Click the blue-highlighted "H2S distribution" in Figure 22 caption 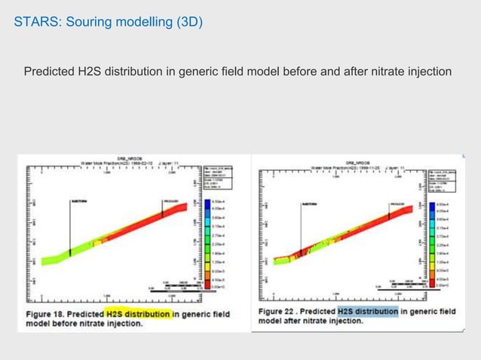click(x=367, y=310)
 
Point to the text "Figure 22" click(x=286, y=310)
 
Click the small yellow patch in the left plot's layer click(x=97, y=244)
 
